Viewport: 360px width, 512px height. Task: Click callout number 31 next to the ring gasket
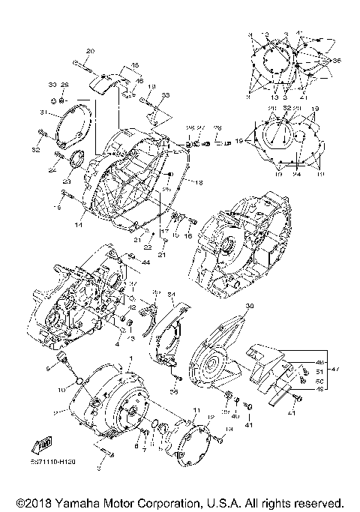[44, 113]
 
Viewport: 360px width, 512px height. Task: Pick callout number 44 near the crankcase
[145, 262]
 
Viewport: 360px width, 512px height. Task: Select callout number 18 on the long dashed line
[199, 182]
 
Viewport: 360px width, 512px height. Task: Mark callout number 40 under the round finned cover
[234, 415]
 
